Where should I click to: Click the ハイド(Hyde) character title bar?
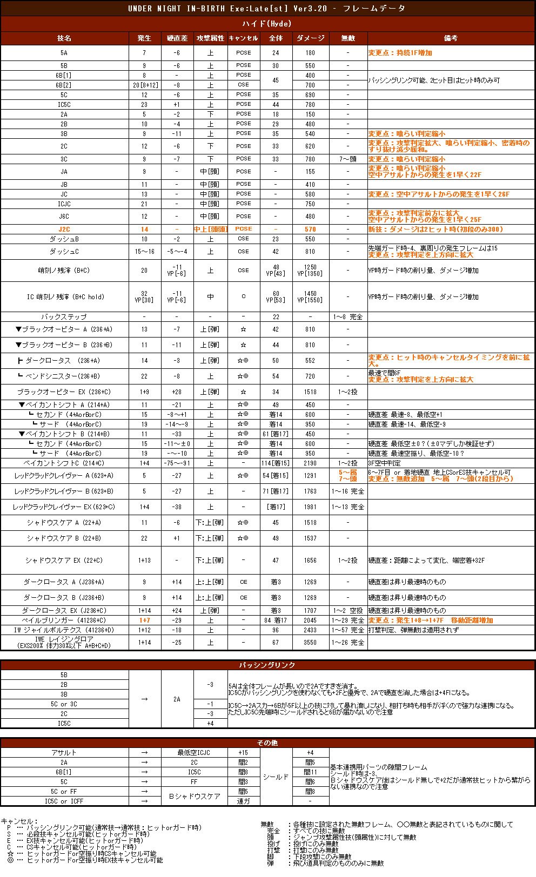point(267,24)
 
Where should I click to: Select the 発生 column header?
point(144,38)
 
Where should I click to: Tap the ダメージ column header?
point(310,38)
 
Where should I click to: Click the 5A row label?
point(64,53)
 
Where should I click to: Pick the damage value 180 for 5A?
point(310,53)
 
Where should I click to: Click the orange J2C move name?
point(64,229)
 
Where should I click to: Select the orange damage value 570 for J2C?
point(310,229)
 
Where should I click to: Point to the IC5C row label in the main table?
point(64,104)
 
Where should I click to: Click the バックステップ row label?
point(64,316)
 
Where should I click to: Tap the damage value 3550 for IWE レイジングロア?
point(310,643)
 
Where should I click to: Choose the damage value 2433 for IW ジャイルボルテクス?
point(310,630)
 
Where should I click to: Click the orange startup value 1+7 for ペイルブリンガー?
point(144,620)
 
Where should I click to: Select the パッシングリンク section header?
point(267,665)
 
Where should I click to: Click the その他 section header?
point(267,743)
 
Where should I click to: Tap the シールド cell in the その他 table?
point(276,777)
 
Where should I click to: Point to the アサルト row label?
point(64,753)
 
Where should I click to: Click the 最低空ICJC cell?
point(193,753)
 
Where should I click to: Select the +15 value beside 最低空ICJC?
point(243,753)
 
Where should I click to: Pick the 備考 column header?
point(451,38)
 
